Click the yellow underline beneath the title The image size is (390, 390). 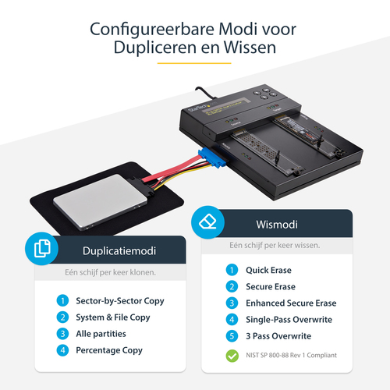point(194,63)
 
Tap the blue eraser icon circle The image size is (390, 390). point(207,222)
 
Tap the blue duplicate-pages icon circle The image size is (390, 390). point(41,249)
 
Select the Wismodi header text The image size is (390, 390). point(277,225)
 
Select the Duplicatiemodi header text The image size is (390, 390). point(119,251)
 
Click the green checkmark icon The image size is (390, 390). point(232,356)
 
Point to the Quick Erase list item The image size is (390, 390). point(268,270)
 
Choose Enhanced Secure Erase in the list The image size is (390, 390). point(291,303)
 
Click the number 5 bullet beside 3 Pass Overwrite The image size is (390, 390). point(232,336)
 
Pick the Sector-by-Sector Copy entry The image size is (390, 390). point(120,301)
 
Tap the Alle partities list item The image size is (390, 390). point(101,334)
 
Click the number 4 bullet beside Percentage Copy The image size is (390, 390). point(62,350)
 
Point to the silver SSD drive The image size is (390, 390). point(100,201)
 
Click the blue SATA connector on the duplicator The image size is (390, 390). point(212,158)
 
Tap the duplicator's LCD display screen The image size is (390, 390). point(225,106)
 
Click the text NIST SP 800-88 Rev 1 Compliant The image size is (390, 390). point(291,355)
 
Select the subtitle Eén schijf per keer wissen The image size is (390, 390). point(275,245)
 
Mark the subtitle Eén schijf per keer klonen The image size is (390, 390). point(110,272)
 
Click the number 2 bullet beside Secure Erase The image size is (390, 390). point(232,286)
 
